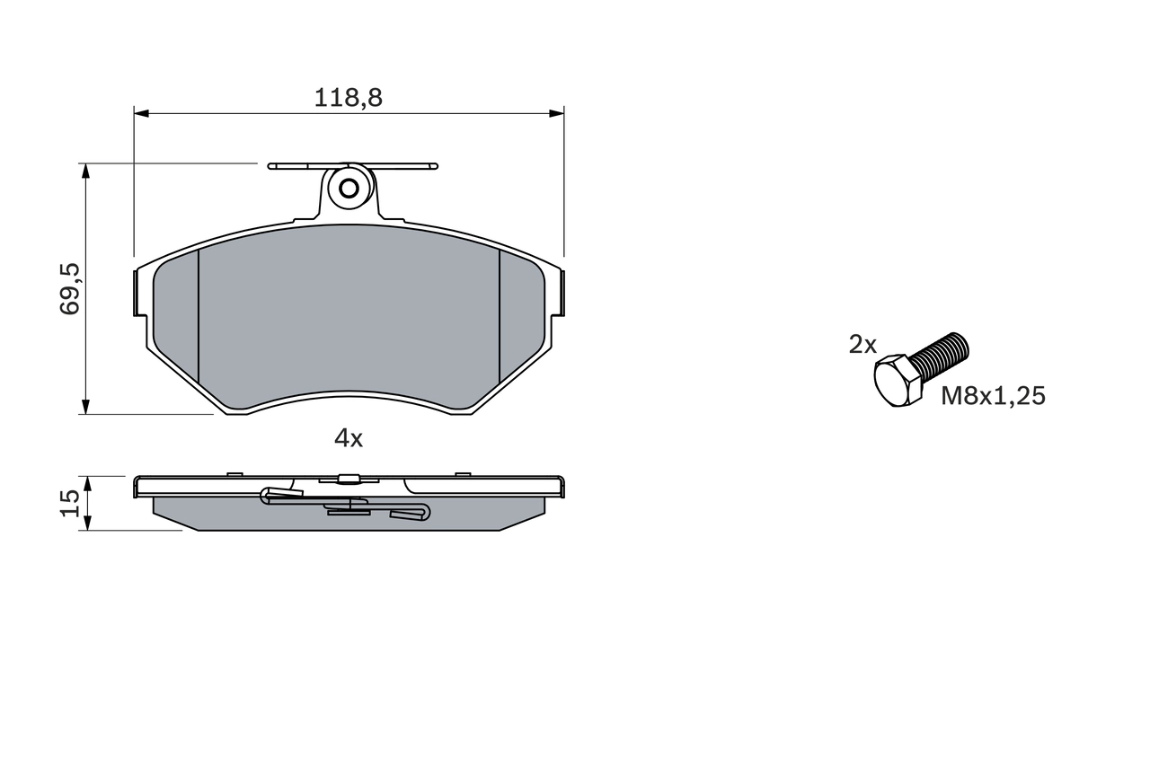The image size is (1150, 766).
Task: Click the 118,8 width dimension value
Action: pyautogui.click(x=348, y=98)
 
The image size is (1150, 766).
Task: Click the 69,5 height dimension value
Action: pyautogui.click(x=71, y=288)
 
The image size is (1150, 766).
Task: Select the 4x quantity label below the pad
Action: pyautogui.click(x=348, y=438)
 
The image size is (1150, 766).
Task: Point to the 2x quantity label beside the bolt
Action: pyautogui.click(x=862, y=344)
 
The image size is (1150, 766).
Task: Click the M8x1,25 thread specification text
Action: pyautogui.click(x=993, y=396)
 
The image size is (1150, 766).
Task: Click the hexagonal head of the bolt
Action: pyautogui.click(x=898, y=381)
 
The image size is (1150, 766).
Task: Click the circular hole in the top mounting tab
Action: pyautogui.click(x=349, y=189)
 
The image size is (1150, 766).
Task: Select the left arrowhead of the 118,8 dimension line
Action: pyautogui.click(x=140, y=112)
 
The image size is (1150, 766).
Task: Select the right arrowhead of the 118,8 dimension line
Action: pyautogui.click(x=557, y=112)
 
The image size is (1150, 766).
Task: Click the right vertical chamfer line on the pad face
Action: pyautogui.click(x=499, y=314)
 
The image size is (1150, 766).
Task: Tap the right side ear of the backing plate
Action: pyautogui.click(x=559, y=292)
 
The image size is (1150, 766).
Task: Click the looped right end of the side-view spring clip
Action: pyautogui.click(x=422, y=512)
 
